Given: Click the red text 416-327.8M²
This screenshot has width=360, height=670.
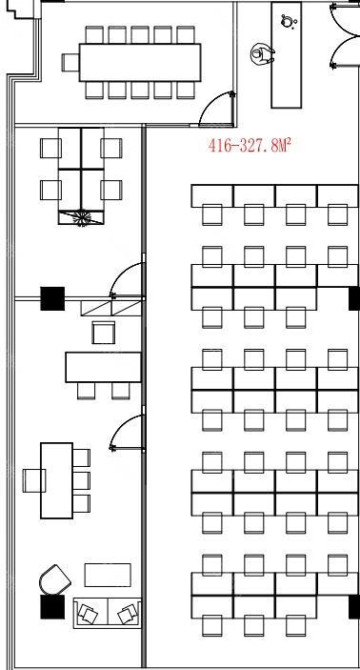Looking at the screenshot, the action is point(250,145).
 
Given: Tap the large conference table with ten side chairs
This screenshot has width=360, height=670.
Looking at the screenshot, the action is point(140,62).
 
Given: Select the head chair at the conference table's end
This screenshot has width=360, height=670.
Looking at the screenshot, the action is point(70,62).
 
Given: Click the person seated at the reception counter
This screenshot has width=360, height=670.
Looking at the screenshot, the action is point(262,54).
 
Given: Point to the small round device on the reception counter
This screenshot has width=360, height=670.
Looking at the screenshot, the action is point(289,21).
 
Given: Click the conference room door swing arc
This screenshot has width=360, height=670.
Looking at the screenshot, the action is point(210,103).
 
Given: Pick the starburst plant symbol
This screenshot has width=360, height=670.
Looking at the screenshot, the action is point(81,217).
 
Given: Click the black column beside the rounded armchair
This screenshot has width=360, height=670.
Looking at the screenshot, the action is point(52,606).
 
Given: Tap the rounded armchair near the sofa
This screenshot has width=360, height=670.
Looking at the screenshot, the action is point(55,579).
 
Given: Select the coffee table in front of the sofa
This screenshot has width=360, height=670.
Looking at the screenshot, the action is point(108,575).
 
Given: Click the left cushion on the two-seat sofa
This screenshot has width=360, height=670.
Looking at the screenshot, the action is point(88,614).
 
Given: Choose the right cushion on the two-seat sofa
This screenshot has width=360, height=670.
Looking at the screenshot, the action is point(127,614).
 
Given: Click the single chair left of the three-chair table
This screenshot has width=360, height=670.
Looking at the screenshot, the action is point(33,480).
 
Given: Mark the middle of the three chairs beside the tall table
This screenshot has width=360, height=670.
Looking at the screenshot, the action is point(81,480).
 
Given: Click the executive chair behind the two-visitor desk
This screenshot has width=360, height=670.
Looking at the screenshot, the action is point(104,333).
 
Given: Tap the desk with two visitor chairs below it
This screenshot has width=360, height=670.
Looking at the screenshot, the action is point(103,367).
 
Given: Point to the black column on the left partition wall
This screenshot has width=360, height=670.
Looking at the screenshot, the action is point(52,298).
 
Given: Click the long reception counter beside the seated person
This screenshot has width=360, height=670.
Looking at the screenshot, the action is point(287,54).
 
